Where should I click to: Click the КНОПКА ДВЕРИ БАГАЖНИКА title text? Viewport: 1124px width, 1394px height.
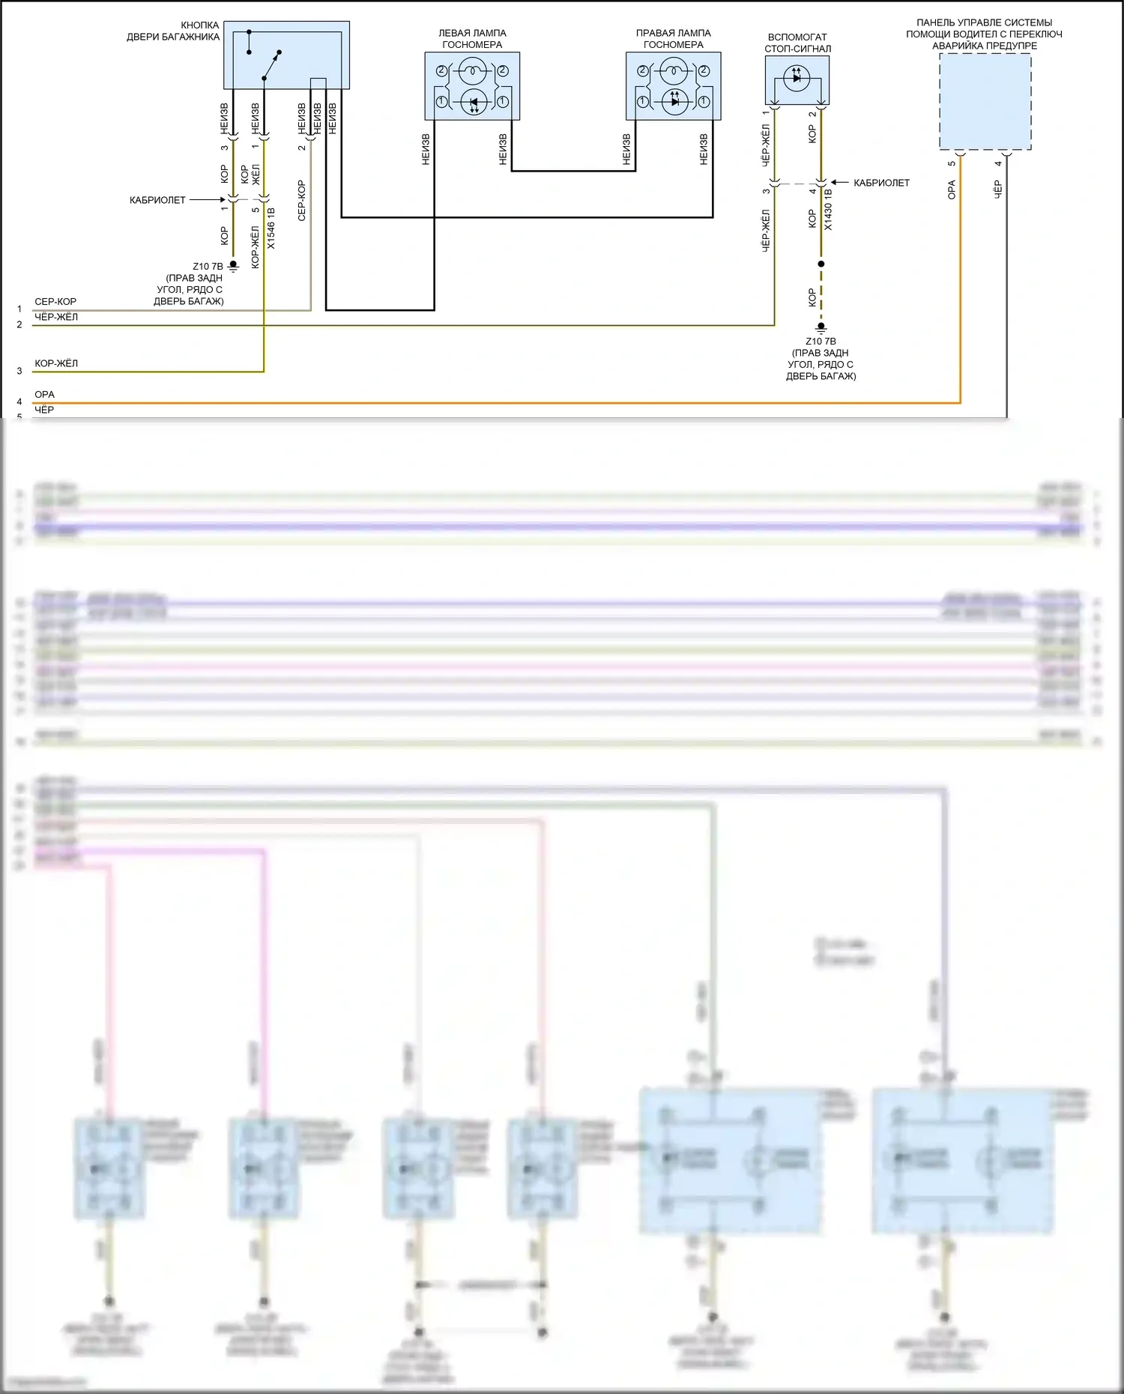(173, 31)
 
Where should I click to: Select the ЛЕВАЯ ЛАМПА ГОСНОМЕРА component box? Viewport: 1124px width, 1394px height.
(472, 86)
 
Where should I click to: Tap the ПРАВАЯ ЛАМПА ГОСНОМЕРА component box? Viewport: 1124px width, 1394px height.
(673, 86)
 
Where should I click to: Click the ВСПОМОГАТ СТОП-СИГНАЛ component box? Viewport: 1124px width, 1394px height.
(797, 80)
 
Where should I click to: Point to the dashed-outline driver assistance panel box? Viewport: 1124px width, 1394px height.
(985, 102)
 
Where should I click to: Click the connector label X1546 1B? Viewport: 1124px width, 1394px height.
(271, 228)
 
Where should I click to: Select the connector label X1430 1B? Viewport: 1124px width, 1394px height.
(828, 209)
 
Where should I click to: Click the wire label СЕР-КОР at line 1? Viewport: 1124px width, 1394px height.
(55, 302)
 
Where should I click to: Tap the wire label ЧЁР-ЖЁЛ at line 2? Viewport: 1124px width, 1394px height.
(56, 317)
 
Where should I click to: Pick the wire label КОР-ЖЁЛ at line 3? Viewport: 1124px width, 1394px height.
(56, 363)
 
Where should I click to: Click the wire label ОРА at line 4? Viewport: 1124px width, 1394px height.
(44, 395)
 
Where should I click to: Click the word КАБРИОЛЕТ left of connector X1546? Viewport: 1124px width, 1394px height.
(157, 200)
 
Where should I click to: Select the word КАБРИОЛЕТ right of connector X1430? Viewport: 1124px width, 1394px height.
(881, 183)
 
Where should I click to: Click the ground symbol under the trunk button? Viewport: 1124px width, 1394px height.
(233, 266)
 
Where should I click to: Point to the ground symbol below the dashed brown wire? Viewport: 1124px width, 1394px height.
(821, 327)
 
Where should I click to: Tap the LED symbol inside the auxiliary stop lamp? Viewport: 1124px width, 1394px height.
(797, 76)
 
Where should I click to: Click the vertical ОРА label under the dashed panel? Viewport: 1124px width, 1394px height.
(952, 190)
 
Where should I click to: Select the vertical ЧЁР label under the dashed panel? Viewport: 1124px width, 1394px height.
(997, 189)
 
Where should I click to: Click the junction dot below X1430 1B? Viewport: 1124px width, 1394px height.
(821, 264)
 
